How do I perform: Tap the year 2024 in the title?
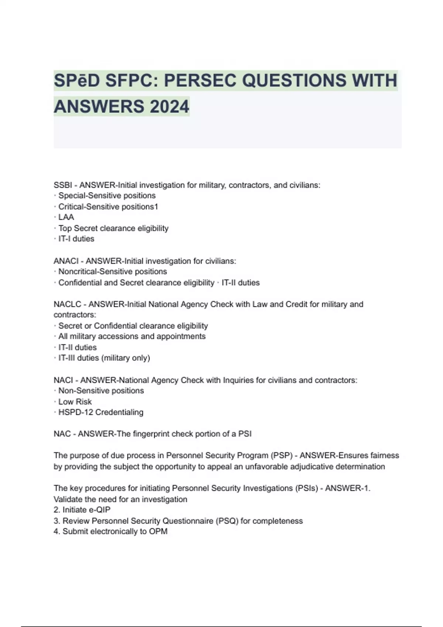[169, 107]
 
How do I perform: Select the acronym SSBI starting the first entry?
[63, 185]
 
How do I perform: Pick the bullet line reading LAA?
[66, 217]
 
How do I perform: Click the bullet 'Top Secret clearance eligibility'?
[113, 228]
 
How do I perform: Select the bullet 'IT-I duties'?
[76, 239]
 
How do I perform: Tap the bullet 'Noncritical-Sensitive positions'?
[113, 272]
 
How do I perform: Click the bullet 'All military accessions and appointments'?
[132, 336]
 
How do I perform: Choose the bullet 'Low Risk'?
[75, 402]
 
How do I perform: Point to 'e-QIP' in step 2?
[99, 510]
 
